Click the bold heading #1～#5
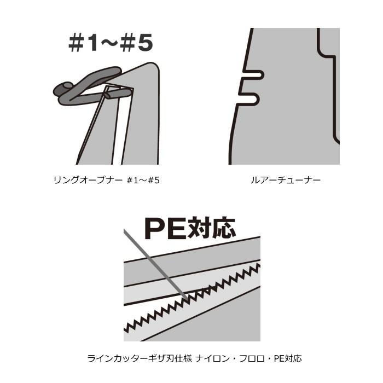coord(111,43)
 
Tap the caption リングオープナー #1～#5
coord(107,180)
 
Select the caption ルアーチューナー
coord(285,180)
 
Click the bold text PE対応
coord(190,228)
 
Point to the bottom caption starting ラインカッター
coord(194,358)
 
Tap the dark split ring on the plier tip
coord(91,86)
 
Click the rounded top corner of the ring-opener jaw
coord(153,66)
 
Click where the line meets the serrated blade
coord(187,298)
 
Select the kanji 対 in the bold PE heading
coord(200,228)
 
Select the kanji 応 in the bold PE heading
coord(224,228)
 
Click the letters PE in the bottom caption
coord(279,358)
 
